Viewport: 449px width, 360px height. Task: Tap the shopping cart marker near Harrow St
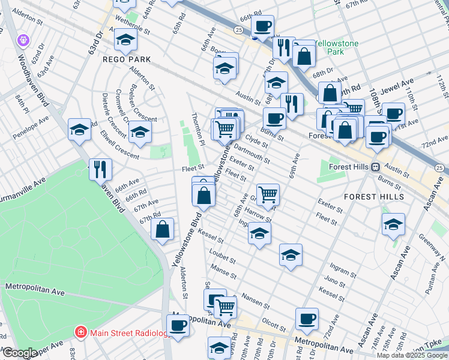(268, 193)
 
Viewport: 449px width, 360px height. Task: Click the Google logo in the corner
(19, 353)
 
